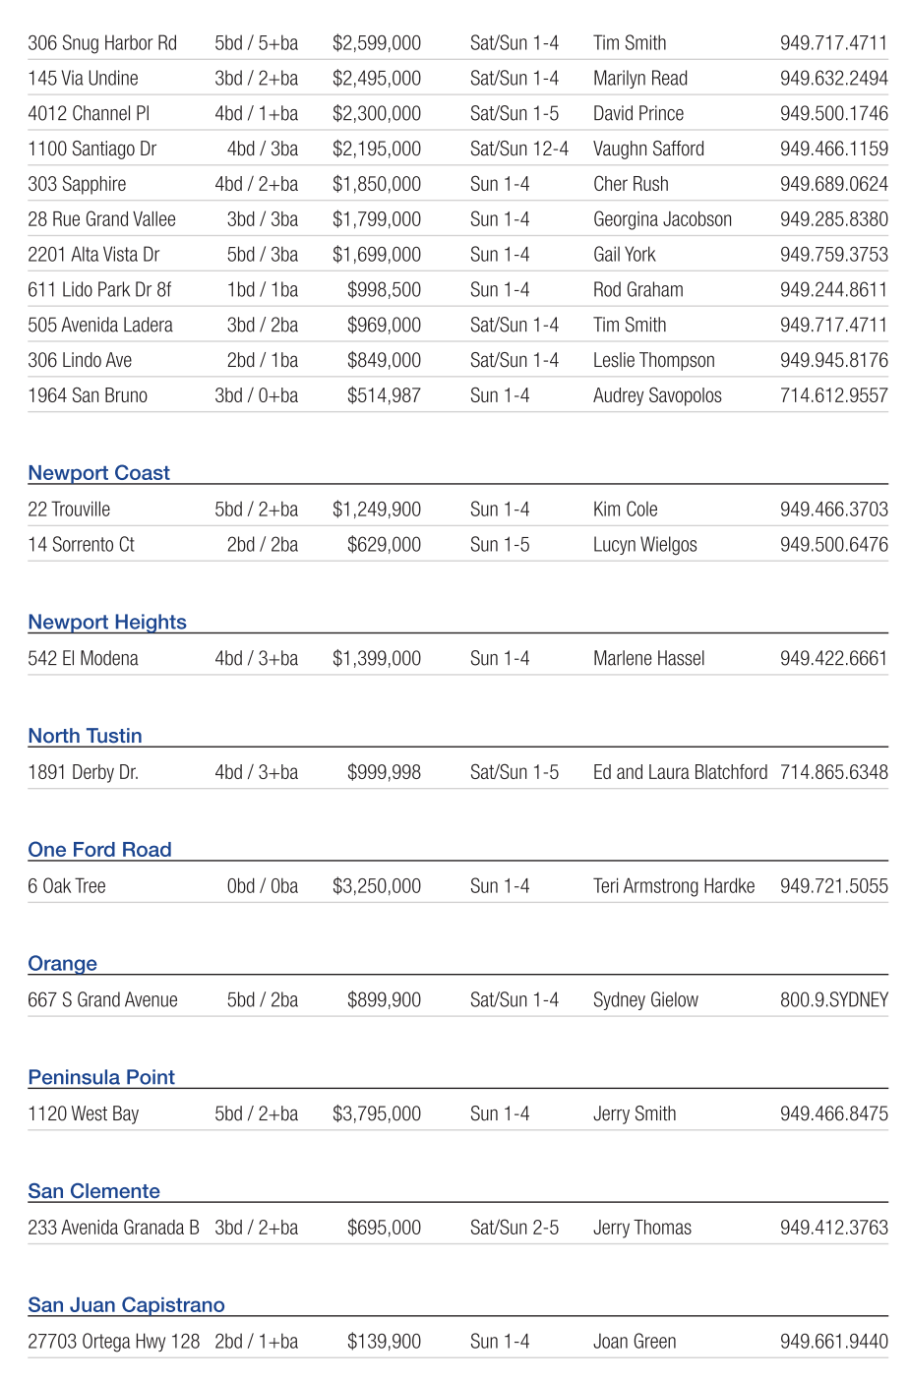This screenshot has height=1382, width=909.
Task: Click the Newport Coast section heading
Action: pyautogui.click(x=98, y=473)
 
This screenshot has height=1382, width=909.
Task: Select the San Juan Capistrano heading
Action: pyautogui.click(x=126, y=1305)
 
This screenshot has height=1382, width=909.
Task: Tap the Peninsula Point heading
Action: pyautogui.click(x=101, y=1077)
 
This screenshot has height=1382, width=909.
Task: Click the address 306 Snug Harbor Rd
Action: pyautogui.click(x=102, y=43)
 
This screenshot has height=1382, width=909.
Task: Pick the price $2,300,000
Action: pyautogui.click(x=377, y=114)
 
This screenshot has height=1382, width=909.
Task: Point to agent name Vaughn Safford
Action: pyautogui.click(x=648, y=150)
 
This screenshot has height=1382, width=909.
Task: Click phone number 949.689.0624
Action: pyautogui.click(x=833, y=185)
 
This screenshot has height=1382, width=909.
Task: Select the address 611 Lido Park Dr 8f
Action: pyautogui.click(x=99, y=290)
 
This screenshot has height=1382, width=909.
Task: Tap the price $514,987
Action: pyautogui.click(x=384, y=396)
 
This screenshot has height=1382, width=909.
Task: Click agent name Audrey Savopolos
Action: pyautogui.click(x=657, y=396)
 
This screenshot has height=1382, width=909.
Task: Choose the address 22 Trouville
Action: pyautogui.click(x=69, y=510)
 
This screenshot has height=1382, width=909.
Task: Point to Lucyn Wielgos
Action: pyautogui.click(x=644, y=545)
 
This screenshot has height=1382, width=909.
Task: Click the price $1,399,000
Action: pyautogui.click(x=377, y=659)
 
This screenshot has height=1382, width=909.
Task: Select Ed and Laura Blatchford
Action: pyautogui.click(x=680, y=773)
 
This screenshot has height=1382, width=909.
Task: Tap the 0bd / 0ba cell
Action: pyautogui.click(x=262, y=886)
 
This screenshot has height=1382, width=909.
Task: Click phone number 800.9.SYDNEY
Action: pyautogui.click(x=833, y=1000)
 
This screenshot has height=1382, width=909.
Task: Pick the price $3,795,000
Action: pyautogui.click(x=377, y=1114)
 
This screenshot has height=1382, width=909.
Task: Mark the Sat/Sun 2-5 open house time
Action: pyautogui.click(x=514, y=1229)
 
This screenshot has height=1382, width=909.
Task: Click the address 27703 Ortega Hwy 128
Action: pyautogui.click(x=113, y=1342)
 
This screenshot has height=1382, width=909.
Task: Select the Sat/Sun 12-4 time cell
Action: pyautogui.click(x=518, y=150)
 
